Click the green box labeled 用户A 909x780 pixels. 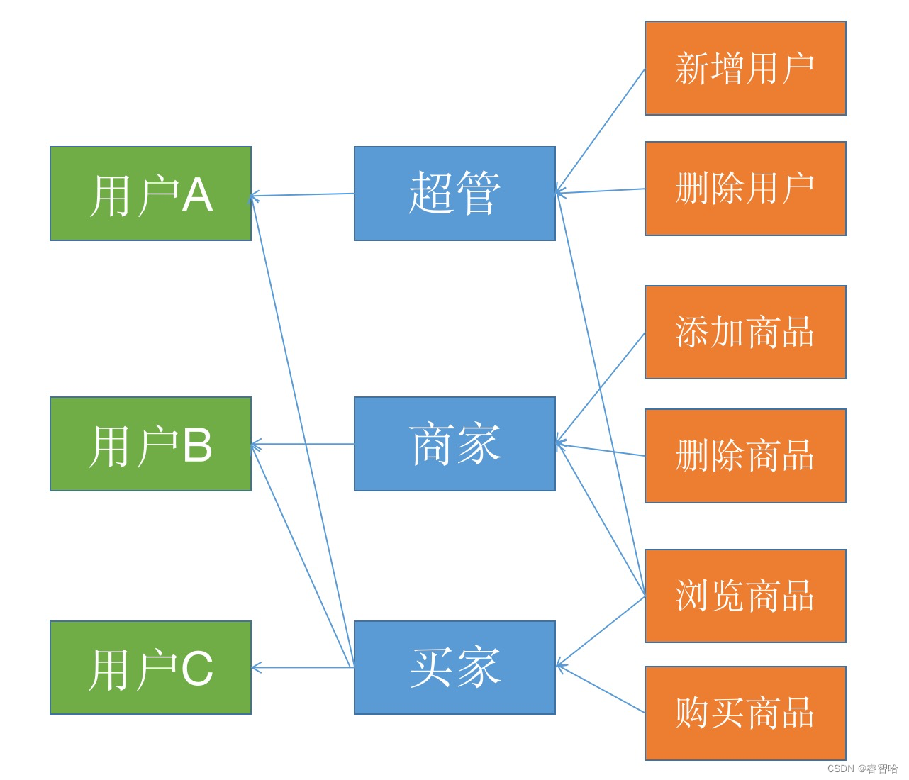(150, 194)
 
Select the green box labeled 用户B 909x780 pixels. (150, 444)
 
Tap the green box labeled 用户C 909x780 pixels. (150, 667)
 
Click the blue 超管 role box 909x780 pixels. (454, 194)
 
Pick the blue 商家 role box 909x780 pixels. (454, 444)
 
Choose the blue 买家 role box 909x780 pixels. (454, 667)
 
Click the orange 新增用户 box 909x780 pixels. (745, 68)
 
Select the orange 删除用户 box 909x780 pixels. (745, 189)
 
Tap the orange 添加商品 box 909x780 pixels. (745, 332)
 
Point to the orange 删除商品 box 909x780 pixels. (745, 456)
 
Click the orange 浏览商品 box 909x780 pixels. (745, 596)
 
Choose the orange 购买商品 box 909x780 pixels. (745, 713)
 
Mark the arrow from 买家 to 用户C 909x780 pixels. (303, 667)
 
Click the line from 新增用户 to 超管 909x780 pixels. (601, 130)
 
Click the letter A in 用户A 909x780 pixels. (196, 195)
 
